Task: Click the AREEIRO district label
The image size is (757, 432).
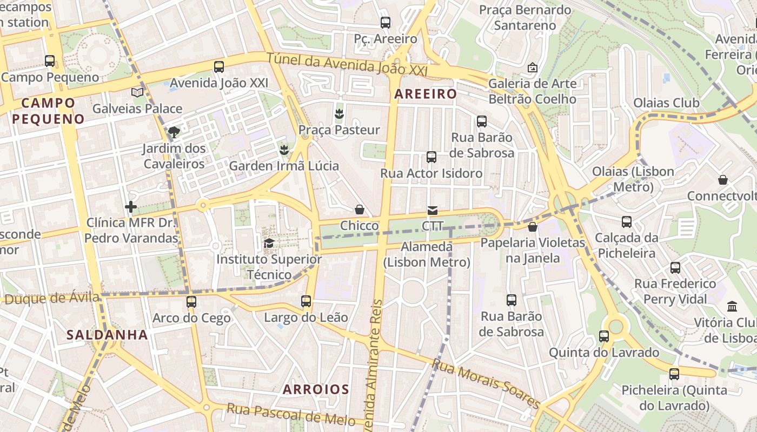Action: (x=426, y=94)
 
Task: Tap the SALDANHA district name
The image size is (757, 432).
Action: (x=107, y=335)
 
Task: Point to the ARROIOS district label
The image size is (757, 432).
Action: (x=316, y=389)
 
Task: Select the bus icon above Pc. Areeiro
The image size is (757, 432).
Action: (x=386, y=23)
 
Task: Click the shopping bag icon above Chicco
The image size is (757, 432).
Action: (x=360, y=210)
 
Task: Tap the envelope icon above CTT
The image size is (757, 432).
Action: (x=433, y=210)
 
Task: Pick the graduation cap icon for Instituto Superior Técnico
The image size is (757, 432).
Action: (x=269, y=244)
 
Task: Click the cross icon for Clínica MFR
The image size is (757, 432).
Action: (x=131, y=206)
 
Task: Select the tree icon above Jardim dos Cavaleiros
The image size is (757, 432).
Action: (x=174, y=132)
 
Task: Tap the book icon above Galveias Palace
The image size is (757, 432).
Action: (x=137, y=93)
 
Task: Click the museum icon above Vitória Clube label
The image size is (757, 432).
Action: (x=733, y=307)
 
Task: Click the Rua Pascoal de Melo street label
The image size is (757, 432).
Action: (x=291, y=415)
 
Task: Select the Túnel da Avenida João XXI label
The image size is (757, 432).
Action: (x=347, y=64)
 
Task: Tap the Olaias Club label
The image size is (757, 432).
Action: (x=666, y=103)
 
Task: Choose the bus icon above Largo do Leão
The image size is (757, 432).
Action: (x=306, y=301)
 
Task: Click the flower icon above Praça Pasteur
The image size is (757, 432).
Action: (x=340, y=114)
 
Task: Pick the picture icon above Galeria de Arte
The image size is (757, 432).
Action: (x=533, y=68)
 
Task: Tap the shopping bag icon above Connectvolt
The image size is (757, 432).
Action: (x=723, y=180)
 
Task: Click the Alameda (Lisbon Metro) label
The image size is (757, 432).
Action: (x=427, y=254)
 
